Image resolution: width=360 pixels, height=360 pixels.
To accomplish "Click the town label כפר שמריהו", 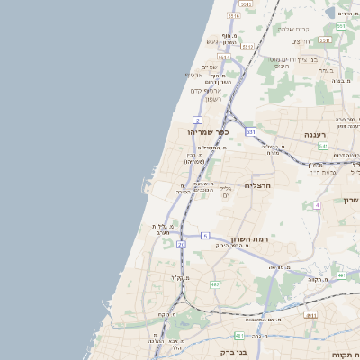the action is (x=210, y=132).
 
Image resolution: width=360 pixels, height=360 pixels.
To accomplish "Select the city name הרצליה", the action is (x=257, y=185).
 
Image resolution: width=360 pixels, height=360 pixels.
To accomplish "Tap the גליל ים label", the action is (x=226, y=189).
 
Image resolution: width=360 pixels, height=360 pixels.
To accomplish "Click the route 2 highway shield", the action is (x=197, y=119).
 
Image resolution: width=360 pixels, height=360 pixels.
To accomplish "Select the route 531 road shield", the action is (x=250, y=132).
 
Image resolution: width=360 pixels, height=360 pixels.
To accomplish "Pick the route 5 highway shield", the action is (x=205, y=236).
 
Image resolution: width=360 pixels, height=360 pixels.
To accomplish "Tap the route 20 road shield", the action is (x=181, y=244).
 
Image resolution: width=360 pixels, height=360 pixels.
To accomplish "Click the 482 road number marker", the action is (x=214, y=284).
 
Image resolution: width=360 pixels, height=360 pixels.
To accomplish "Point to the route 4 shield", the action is (x=317, y=205).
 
